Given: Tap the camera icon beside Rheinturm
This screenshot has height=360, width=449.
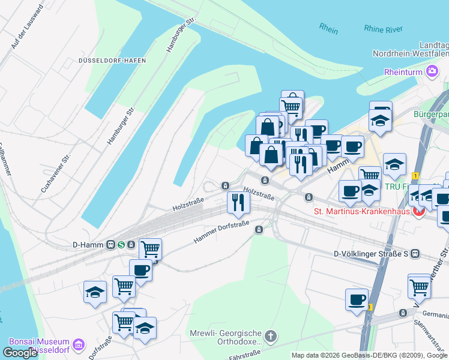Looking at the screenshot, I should pyautogui.click(x=432, y=72).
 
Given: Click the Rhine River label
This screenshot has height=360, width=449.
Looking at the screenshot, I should pyautogui.click(x=383, y=29).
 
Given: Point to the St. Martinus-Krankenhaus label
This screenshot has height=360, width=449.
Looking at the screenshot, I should pyautogui.click(x=362, y=211).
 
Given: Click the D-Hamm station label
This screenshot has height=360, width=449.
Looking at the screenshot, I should pyautogui.click(x=88, y=244).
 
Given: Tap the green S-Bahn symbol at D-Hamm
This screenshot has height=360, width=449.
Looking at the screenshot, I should pyautogui.click(x=121, y=244).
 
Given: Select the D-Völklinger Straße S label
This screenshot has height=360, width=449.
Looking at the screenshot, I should pyautogui.click(x=372, y=254).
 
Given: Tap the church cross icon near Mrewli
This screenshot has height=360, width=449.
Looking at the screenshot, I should pyautogui.click(x=271, y=336).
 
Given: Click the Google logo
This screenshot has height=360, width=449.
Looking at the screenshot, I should pyautogui.click(x=20, y=353).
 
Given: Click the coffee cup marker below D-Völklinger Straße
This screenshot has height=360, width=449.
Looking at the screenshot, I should pyautogui.click(x=357, y=299).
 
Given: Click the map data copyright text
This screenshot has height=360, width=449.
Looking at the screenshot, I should pyautogui.click(x=369, y=355).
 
